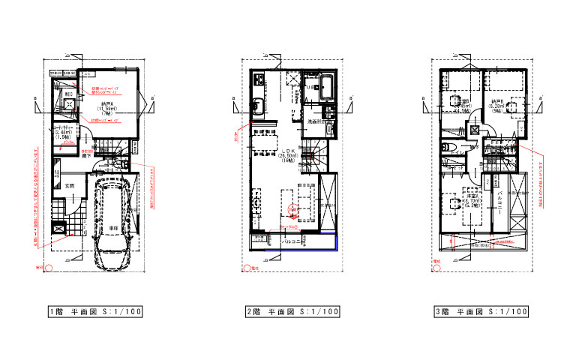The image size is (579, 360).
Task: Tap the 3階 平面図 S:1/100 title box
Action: pyautogui.click(x=481, y=311)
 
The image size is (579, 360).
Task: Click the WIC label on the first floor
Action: pyautogui.click(x=67, y=94)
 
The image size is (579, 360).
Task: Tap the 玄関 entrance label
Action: pyautogui.click(x=68, y=185)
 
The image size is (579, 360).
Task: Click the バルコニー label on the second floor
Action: pyautogui.click(x=292, y=242)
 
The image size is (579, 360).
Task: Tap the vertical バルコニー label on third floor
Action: pyautogui.click(x=499, y=203)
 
